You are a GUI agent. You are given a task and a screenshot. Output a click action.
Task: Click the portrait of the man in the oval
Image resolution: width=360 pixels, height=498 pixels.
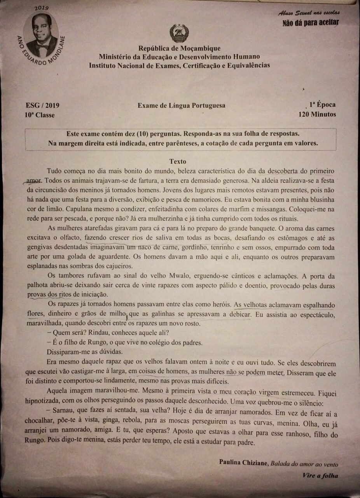click(41, 35)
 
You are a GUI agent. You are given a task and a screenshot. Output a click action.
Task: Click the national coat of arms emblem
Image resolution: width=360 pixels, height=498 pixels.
click(179, 33)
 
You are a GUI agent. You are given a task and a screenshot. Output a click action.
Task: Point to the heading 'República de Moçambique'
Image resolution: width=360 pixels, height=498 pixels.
click(179, 49)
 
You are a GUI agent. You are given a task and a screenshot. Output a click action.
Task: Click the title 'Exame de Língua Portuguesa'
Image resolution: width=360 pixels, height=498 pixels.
click(181, 105)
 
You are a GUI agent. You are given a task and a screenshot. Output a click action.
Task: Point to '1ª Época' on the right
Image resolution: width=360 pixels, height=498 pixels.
click(322, 105)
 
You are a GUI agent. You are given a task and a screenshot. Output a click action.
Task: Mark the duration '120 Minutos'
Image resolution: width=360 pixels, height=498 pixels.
click(317, 114)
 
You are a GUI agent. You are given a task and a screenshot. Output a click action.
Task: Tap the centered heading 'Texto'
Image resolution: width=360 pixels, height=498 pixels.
click(178, 161)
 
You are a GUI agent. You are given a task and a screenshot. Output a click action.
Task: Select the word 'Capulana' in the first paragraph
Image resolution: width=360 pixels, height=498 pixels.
click(60, 209)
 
